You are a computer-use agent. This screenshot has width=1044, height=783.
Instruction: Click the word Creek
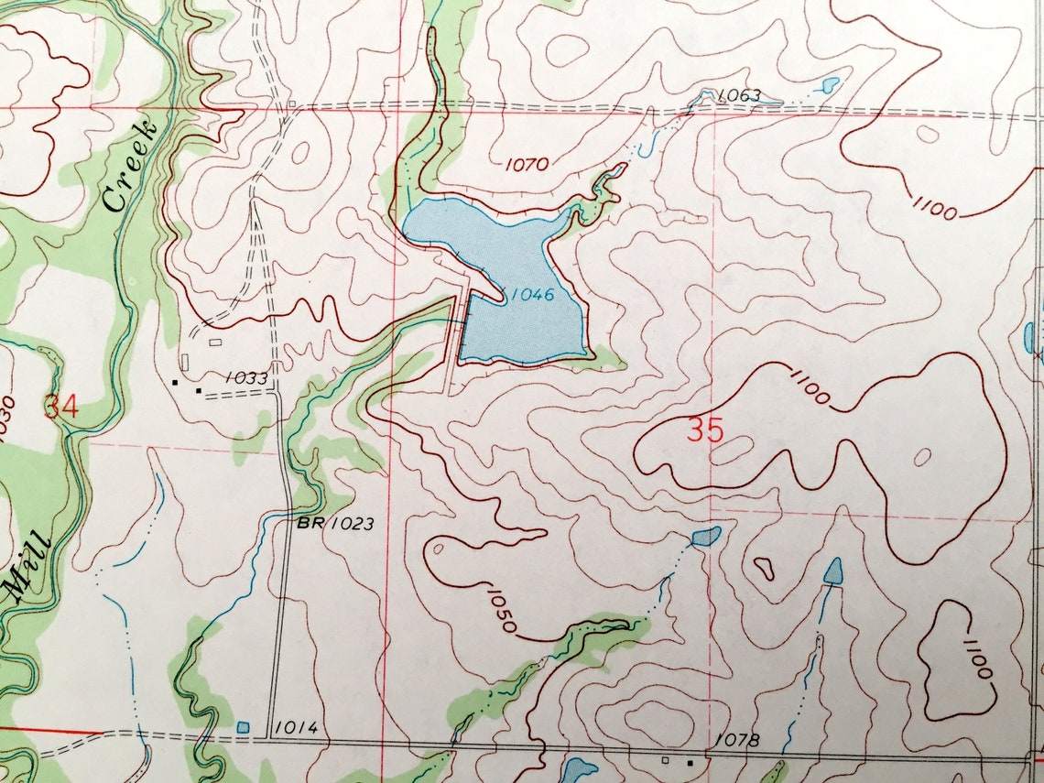[128, 166]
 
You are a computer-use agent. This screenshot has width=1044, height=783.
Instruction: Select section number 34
[60, 407]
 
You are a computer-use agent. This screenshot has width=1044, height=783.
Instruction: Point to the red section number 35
[704, 430]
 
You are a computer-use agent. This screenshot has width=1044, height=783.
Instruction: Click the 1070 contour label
[526, 165]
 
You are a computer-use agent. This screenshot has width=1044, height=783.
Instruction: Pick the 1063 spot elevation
[739, 95]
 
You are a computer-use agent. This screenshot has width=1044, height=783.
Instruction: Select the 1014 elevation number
[296, 728]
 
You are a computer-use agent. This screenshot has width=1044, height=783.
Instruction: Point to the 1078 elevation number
[736, 739]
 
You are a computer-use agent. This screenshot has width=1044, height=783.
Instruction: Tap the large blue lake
[513, 275]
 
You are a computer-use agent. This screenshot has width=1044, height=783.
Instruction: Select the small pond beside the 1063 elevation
[830, 86]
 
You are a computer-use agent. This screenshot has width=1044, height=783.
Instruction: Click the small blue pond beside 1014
[243, 727]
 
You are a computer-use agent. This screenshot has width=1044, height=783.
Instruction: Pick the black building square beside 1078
[691, 761]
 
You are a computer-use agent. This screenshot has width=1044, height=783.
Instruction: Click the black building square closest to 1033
[199, 391]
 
